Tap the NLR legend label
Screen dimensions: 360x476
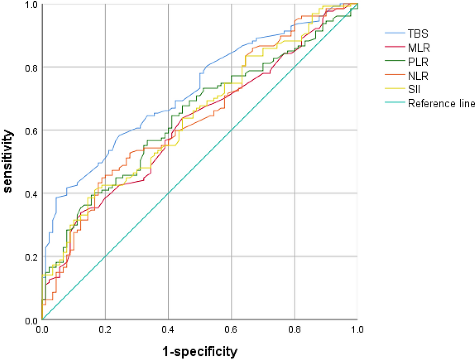click(x=417, y=75)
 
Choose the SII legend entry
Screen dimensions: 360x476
click(x=414, y=89)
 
